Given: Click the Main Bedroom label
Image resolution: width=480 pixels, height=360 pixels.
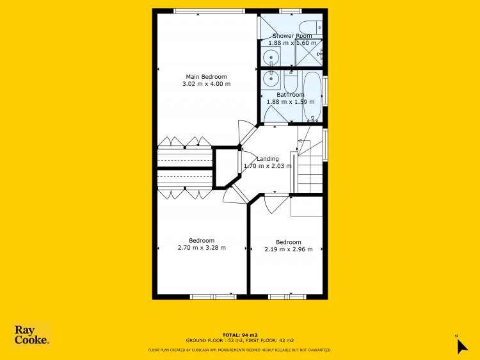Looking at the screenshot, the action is (x=206, y=77).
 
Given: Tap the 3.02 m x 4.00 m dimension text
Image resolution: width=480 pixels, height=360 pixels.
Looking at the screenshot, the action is (x=206, y=84).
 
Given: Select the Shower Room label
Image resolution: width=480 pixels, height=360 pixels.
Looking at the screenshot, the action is (x=292, y=36).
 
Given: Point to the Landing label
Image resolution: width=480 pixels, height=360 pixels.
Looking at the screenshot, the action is (x=268, y=159).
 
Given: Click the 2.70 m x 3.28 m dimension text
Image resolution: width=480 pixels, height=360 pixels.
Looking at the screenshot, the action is (x=202, y=247).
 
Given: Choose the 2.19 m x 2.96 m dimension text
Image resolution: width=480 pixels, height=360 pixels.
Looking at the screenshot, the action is (x=289, y=249).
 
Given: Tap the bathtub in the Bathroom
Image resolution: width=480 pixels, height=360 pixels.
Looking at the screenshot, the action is (x=312, y=96).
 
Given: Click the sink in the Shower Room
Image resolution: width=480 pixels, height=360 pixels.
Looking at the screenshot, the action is (x=271, y=56).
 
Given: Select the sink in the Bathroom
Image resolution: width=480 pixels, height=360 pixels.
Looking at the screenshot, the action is (x=270, y=79).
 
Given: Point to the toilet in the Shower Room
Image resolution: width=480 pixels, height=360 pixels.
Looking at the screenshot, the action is (x=310, y=28).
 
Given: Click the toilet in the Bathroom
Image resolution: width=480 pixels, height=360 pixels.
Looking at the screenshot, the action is (x=291, y=81).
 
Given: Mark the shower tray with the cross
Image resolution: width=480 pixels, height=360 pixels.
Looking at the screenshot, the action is (x=308, y=53).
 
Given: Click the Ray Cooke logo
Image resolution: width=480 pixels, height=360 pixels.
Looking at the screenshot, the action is (x=31, y=334).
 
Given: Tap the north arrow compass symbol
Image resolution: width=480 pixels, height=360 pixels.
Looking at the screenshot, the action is (x=461, y=346).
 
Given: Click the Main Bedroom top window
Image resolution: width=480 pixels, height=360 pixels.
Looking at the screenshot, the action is (x=209, y=11).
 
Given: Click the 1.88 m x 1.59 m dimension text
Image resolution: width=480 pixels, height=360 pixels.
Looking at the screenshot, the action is (x=291, y=102).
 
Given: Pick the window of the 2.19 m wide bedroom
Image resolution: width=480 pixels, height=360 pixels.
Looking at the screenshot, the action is (x=287, y=297).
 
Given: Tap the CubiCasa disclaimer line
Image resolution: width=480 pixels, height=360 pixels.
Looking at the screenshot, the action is (x=240, y=350).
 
